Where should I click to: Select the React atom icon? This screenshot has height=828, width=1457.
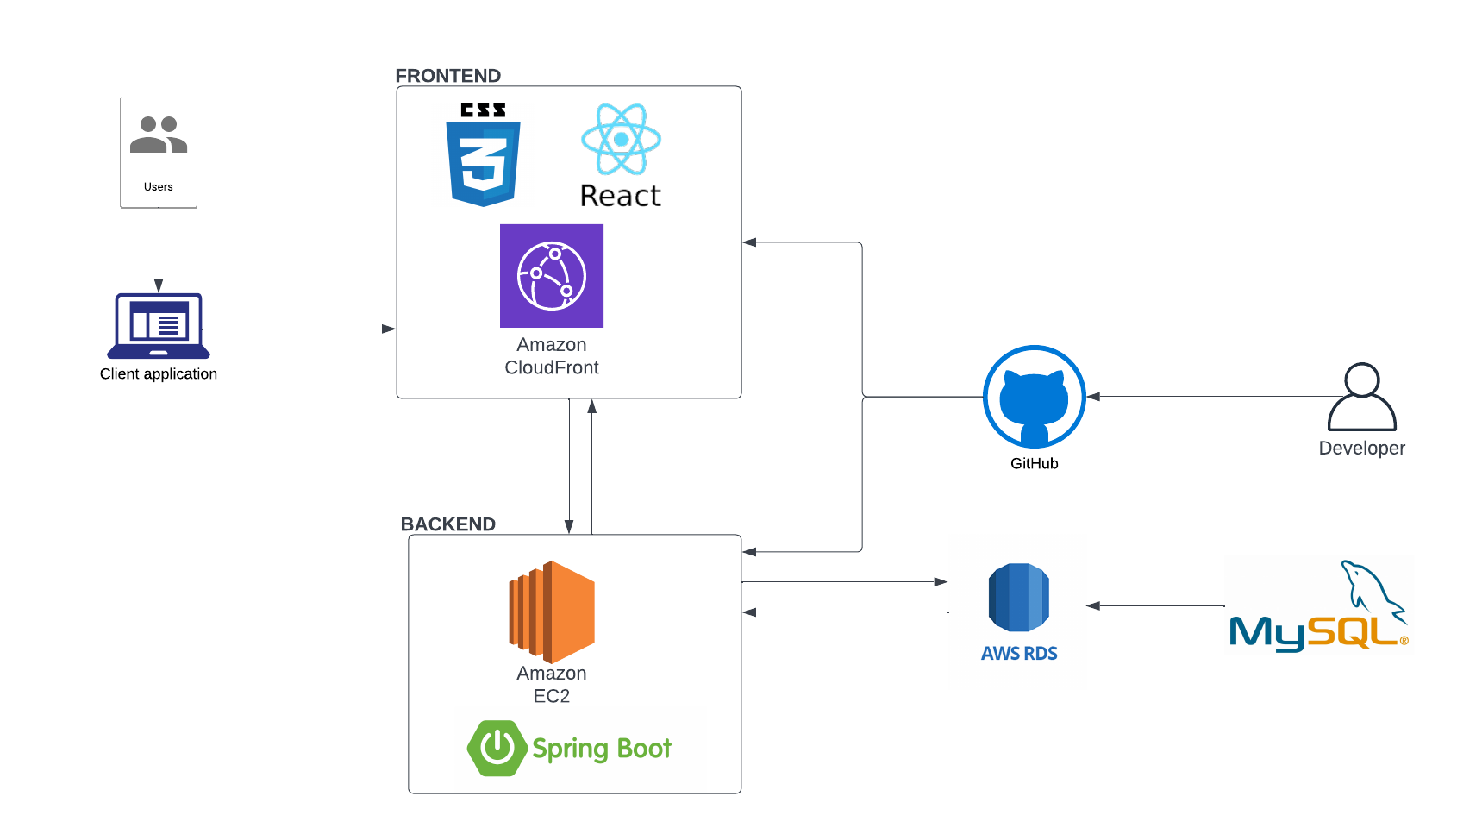[621, 139]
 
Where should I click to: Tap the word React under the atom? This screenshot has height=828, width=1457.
[621, 197]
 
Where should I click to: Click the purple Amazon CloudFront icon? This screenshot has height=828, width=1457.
[552, 276]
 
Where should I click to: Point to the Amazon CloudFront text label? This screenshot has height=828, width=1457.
[552, 356]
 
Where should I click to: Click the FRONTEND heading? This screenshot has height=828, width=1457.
[448, 76]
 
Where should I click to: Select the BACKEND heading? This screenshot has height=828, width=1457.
[448, 524]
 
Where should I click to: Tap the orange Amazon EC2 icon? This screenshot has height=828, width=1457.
[552, 612]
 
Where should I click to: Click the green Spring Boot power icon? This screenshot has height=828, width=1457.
[497, 748]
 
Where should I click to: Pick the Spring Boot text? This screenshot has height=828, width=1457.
[602, 749]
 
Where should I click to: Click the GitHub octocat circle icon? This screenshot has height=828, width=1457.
[1034, 397]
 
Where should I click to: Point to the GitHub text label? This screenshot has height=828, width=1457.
[1034, 463]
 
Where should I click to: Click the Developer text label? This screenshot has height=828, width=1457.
[1361, 448]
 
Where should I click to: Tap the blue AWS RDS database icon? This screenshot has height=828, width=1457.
[1018, 597]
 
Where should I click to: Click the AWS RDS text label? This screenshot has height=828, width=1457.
[1019, 654]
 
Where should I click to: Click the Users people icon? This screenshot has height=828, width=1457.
[159, 135]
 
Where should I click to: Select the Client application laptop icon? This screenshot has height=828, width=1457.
[159, 326]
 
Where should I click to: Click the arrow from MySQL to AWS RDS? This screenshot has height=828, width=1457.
[1155, 605]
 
